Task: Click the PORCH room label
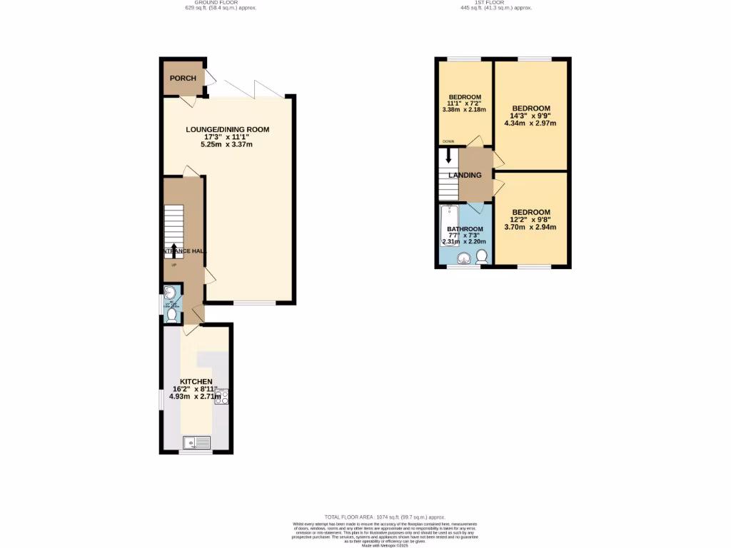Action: [183, 78]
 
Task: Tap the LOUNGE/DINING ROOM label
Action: [228, 129]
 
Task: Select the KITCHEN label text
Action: [197, 382]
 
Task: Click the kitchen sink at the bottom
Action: [196, 443]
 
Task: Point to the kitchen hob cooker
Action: [221, 397]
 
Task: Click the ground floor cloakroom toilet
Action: [171, 315]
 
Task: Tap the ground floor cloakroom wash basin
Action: [171, 293]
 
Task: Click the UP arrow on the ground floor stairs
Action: [174, 250]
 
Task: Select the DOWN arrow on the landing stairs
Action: [448, 155]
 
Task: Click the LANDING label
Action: [465, 176]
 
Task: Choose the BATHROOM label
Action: [465, 229]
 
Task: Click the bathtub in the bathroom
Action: [449, 225]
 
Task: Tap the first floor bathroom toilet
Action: [482, 256]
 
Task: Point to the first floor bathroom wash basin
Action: [465, 258]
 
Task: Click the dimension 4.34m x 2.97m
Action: [531, 123]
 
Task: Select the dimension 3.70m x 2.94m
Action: [531, 228]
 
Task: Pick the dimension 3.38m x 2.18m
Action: [464, 110]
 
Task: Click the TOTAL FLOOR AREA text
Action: [385, 517]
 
